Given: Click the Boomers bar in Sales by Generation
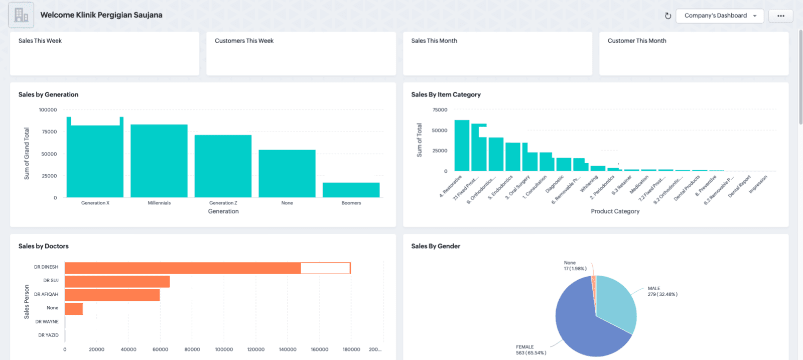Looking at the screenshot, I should pos(351,190).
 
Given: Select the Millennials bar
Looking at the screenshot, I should pos(159,161).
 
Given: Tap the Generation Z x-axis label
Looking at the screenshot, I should pos(223,203).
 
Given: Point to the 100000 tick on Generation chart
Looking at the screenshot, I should pos(48,109).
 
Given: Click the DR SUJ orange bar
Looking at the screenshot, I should pos(117,281).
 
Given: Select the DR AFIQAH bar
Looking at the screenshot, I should pos(112,295).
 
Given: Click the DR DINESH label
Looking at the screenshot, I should pos(46,267).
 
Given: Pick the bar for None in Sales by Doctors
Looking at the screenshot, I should pos(74,309).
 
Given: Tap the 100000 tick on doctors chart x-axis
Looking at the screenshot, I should pos(224,349).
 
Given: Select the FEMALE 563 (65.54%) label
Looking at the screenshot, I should pos(530,350).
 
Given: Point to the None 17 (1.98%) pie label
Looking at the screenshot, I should pos(575,266).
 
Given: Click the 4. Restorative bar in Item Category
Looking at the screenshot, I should pos(462,146).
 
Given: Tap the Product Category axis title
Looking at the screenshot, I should pos(615,211).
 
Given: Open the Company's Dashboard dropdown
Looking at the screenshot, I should pos(720,16).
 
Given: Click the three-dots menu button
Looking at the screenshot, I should pos(780,16).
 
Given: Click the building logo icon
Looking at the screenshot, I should pos(21,15).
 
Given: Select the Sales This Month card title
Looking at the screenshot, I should pos(434,41).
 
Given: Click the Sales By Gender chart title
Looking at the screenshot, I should pos(435,246).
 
